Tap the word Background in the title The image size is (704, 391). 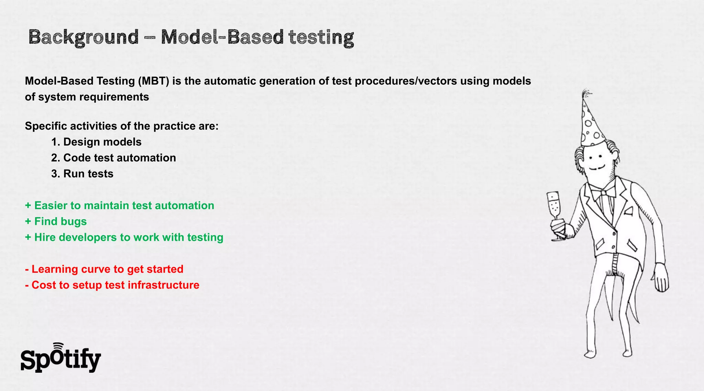84,37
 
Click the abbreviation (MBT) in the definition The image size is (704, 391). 154,81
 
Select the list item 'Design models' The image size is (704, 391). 96,142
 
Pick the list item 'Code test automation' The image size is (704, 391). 113,158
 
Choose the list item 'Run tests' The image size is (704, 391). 82,174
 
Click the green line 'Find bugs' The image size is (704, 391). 56,221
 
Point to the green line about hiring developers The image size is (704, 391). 124,237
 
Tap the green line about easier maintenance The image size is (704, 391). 120,206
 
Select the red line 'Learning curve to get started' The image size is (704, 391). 104,269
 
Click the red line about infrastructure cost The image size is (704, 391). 112,285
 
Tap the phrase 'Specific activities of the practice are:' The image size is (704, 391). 122,126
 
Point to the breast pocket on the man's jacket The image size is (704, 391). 628,210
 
